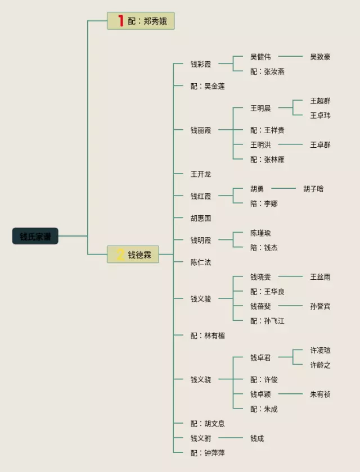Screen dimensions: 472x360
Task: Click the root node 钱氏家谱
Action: pyautogui.click(x=35, y=236)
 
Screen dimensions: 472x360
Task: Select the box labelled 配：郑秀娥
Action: pyautogui.click(x=141, y=21)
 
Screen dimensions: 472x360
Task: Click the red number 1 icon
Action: pyautogui.click(x=120, y=21)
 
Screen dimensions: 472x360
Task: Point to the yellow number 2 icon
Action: pyautogui.click(x=120, y=255)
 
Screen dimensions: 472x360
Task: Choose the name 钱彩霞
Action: pyautogui.click(x=201, y=64)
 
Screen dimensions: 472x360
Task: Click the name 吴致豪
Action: pyautogui.click(x=320, y=57)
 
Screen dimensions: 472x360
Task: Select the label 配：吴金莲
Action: pyautogui.click(x=208, y=87)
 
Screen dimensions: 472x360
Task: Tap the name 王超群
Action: pyautogui.click(x=320, y=101)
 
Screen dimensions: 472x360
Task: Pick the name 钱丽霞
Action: pyautogui.click(x=201, y=130)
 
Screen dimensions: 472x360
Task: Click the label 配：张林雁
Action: pyautogui.click(x=267, y=160)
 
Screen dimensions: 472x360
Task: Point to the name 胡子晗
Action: pyautogui.click(x=313, y=189)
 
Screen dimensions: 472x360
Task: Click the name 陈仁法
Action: pyautogui.click(x=201, y=262)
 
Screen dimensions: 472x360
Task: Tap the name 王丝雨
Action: pyautogui.click(x=320, y=277)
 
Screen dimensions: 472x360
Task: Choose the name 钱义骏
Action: pyautogui.click(x=201, y=299)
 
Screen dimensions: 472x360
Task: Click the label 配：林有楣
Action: pyautogui.click(x=208, y=335)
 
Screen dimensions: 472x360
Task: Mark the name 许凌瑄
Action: pyautogui.click(x=320, y=350)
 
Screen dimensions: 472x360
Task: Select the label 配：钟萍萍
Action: pyautogui.click(x=208, y=453)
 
